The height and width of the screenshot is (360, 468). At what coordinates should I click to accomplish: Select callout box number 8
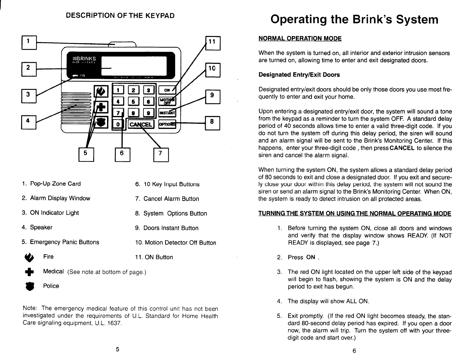[213, 123]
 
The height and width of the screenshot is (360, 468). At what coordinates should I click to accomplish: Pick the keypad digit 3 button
[149, 89]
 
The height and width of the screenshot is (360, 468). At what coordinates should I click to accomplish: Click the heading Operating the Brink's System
[354, 20]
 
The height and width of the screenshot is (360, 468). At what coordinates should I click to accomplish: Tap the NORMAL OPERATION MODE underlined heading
[300, 39]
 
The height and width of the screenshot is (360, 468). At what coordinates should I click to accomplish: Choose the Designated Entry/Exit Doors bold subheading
[299, 75]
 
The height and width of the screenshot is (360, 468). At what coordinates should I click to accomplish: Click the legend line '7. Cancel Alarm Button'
[167, 199]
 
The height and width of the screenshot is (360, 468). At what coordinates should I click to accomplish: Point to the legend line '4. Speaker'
[37, 227]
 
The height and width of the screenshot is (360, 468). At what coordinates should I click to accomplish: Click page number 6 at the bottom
[354, 351]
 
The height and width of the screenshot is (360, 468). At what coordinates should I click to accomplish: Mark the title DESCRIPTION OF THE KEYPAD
[120, 15]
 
